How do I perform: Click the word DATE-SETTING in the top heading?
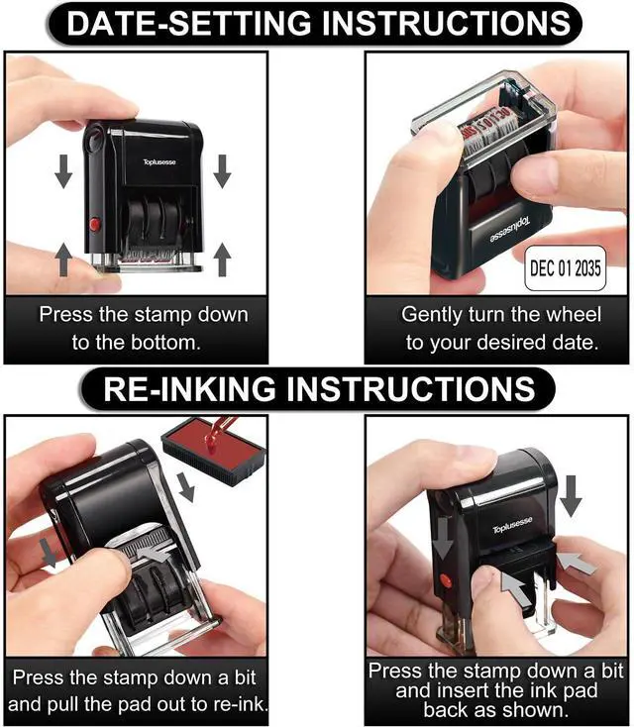tap(189, 23)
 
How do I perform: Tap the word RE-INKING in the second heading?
tap(189, 388)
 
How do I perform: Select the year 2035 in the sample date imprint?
tap(587, 268)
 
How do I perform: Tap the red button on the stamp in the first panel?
tap(95, 224)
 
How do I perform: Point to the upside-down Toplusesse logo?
tap(509, 230)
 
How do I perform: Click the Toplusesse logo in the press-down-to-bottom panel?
tap(159, 161)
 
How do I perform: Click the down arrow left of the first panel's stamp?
tap(63, 171)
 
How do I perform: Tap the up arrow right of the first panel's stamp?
tap(223, 260)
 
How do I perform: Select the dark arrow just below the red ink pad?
tap(186, 487)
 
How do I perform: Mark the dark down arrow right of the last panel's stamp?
tap(571, 496)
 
